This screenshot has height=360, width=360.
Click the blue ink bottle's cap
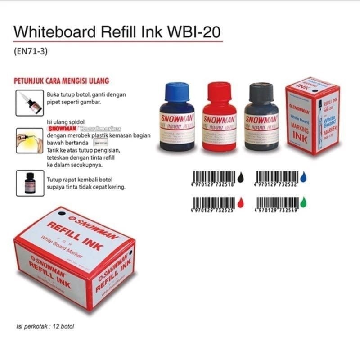[x=177, y=91]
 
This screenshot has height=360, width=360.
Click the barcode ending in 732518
[x=214, y=176]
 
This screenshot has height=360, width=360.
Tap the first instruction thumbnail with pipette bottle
[x=30, y=103]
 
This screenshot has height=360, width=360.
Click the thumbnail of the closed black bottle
[x=30, y=183]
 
